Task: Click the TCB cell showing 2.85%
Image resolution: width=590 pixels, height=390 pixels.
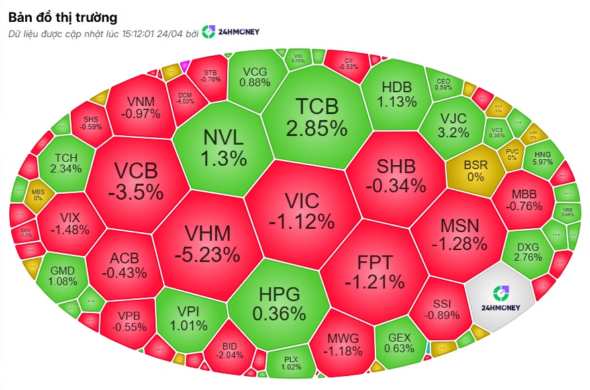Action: point(317,116)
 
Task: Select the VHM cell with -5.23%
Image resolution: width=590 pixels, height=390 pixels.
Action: point(207,243)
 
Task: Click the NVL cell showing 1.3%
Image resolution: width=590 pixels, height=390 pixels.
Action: point(224,147)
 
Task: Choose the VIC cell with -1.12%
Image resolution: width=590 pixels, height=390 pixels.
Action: point(301,209)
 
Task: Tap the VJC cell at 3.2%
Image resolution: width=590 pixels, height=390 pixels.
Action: point(454,125)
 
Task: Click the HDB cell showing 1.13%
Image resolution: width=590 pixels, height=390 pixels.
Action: point(397,94)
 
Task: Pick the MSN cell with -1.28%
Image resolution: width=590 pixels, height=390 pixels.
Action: point(459,233)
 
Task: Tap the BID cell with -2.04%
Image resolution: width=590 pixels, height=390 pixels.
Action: point(230,350)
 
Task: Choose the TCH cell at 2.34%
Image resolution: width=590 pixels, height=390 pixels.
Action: point(66,162)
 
